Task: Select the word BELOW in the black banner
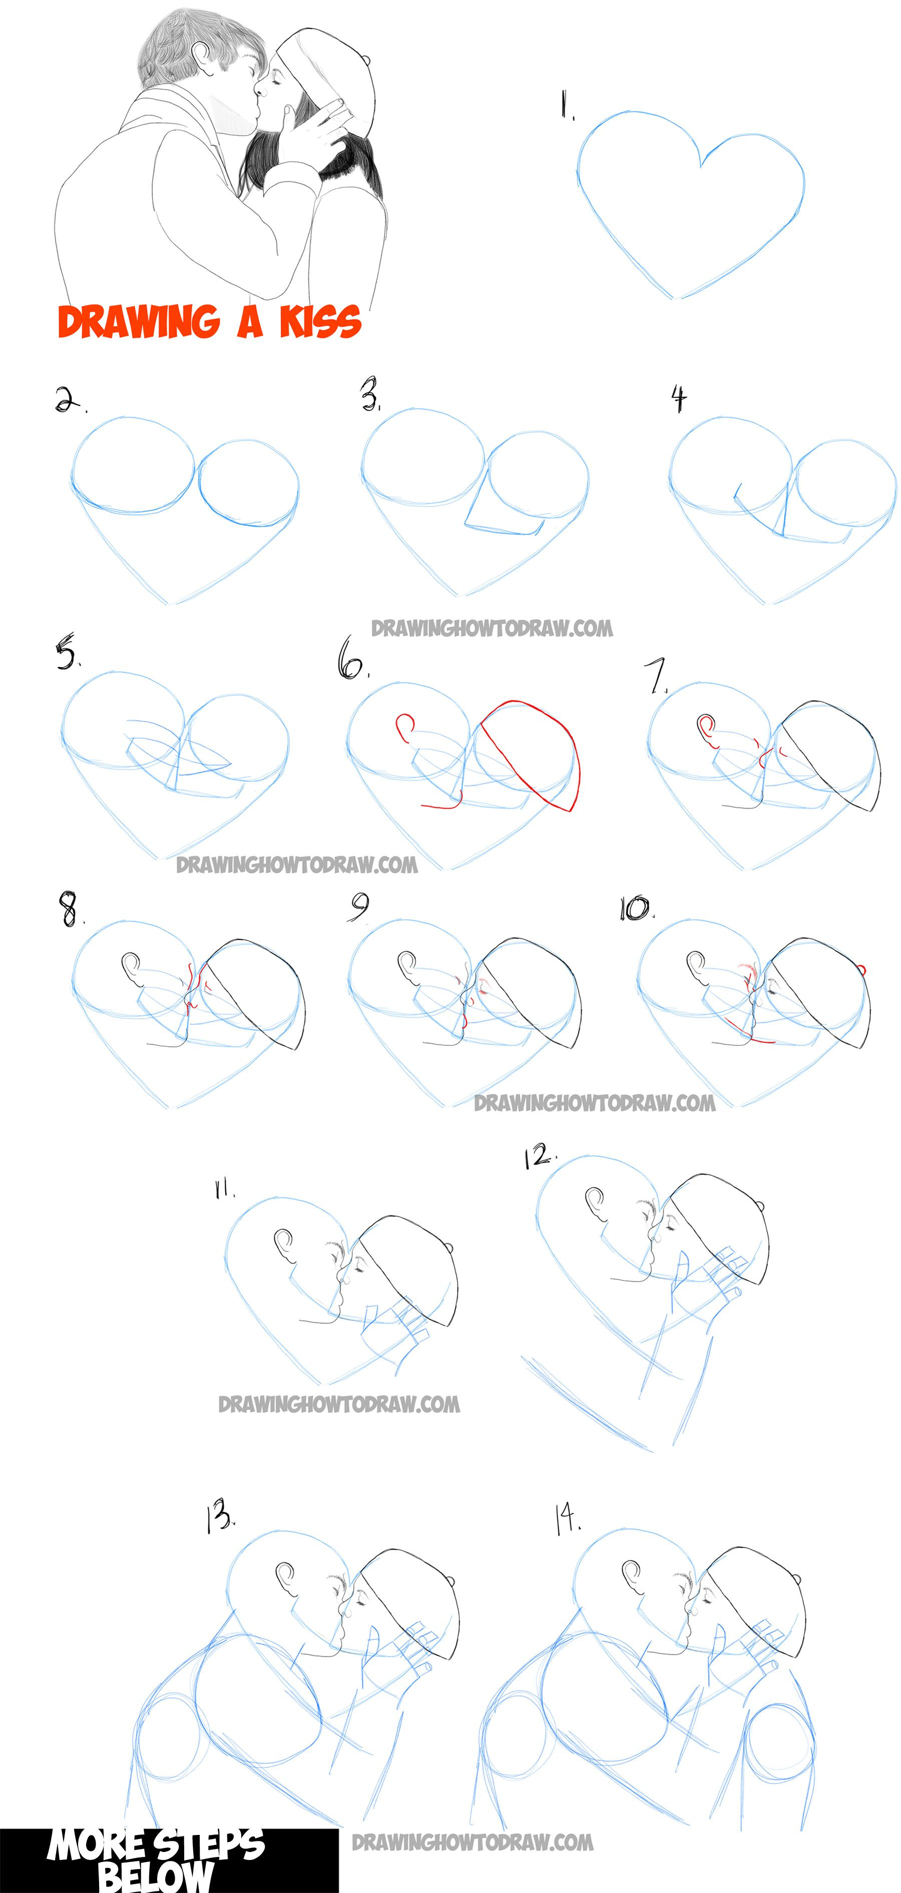154,1877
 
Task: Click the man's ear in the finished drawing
200,53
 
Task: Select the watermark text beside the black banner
473,1842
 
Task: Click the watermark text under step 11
339,1404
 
